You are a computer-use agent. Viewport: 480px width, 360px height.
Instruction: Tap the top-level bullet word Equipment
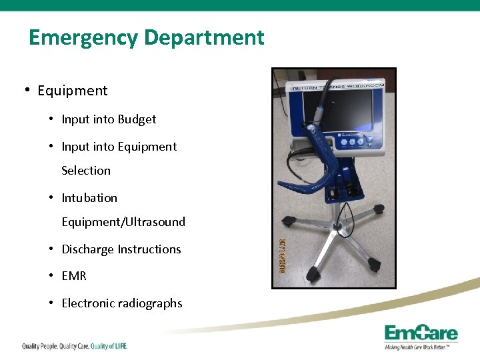(x=72, y=91)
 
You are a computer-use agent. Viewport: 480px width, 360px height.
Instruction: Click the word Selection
(x=86, y=171)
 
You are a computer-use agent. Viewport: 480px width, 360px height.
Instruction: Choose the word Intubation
(x=89, y=198)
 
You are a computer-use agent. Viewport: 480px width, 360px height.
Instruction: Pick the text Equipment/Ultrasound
(x=123, y=222)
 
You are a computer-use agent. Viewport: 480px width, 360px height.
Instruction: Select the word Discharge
(x=88, y=249)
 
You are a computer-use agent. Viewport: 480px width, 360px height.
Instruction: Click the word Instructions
(x=149, y=249)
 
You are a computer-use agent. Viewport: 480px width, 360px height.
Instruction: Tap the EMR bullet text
(x=74, y=276)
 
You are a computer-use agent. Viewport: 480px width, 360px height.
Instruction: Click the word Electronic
(x=88, y=303)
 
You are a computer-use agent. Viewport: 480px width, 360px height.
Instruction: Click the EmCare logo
(x=421, y=333)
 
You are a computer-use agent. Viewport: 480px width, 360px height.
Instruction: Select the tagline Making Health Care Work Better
(x=421, y=347)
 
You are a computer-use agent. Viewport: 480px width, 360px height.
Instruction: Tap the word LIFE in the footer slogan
(x=118, y=346)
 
